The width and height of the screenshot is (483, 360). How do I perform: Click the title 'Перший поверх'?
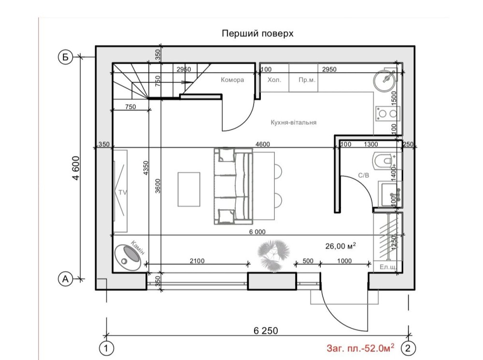(257, 33)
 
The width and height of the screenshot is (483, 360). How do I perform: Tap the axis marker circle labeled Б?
(65, 57)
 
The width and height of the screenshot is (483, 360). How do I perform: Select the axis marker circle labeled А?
(65, 279)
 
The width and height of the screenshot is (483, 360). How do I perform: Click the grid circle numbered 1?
(106, 348)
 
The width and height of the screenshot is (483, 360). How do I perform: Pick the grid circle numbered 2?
(408, 348)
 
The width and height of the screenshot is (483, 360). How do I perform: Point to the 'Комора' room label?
(232, 80)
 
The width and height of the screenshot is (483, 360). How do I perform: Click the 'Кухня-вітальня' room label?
(294, 123)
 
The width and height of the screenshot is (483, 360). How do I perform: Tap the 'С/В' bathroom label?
(364, 175)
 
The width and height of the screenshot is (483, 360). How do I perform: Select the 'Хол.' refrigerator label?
(274, 80)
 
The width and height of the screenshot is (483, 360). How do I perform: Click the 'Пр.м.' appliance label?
(307, 80)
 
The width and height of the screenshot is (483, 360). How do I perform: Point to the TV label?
(123, 193)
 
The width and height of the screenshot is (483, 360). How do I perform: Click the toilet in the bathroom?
(383, 160)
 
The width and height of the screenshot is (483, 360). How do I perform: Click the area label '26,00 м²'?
(341, 246)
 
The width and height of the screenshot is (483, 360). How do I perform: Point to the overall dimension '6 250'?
(266, 331)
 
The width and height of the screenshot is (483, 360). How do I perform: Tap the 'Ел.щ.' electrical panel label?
(388, 267)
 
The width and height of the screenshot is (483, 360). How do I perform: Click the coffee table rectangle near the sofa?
(189, 189)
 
